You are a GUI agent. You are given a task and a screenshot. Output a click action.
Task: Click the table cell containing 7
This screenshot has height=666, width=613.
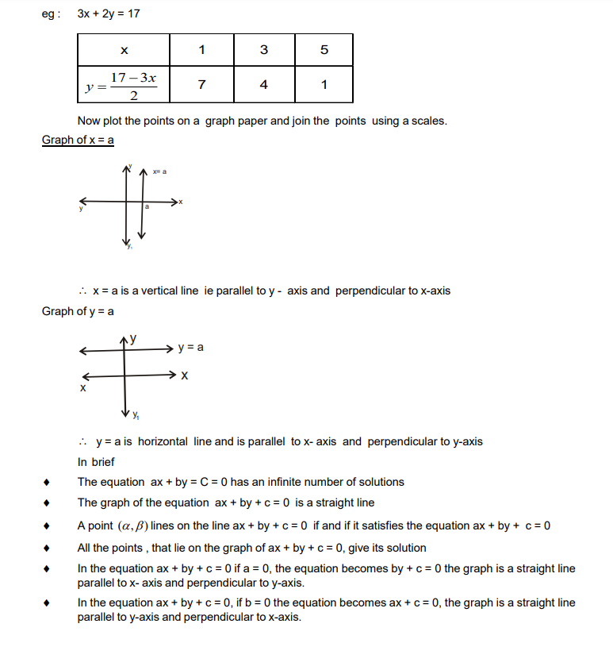pyautogui.click(x=202, y=85)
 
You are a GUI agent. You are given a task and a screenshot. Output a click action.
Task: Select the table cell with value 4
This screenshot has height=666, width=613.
pyautogui.click(x=263, y=85)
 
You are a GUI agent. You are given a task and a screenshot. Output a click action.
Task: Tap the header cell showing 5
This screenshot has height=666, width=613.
pyautogui.click(x=324, y=50)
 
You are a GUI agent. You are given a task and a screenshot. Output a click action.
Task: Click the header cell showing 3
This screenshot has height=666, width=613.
pyautogui.click(x=263, y=50)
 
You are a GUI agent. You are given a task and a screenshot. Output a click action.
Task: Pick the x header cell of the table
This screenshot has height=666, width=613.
pyautogui.click(x=124, y=50)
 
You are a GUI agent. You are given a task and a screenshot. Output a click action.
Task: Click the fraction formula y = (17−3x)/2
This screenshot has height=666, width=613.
pyautogui.click(x=123, y=85)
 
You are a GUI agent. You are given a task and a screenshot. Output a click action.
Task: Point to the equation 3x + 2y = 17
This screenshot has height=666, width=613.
pyautogui.click(x=110, y=13)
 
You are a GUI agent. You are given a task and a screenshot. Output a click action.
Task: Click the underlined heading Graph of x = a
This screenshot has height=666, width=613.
pyautogui.click(x=78, y=140)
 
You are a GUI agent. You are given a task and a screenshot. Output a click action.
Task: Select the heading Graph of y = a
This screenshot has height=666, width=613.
pyautogui.click(x=78, y=310)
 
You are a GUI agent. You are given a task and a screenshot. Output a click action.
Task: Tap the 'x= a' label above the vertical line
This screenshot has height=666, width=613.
pyautogui.click(x=159, y=171)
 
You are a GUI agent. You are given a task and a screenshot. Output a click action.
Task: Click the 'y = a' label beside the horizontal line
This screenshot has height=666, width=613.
pyautogui.click(x=191, y=348)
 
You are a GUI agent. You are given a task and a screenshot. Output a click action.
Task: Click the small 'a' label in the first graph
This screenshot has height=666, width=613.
pyautogui.click(x=147, y=207)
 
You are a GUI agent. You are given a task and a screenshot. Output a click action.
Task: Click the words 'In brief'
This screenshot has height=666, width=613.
pyautogui.click(x=96, y=461)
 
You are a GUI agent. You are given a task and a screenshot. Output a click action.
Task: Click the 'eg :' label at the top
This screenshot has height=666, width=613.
pyautogui.click(x=51, y=13)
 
